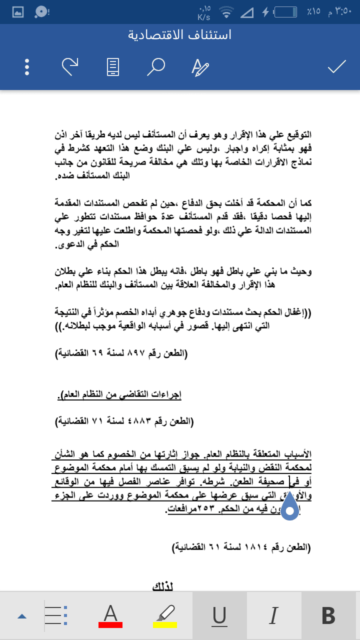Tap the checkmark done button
(337, 66)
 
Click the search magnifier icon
(155, 66)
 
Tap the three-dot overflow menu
(27, 66)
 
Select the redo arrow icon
(70, 66)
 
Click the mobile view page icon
(113, 66)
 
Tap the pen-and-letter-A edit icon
(200, 66)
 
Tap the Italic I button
(273, 616)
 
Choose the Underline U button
(219, 616)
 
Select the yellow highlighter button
(164, 616)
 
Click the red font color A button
(110, 616)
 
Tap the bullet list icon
(56, 616)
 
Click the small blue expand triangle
(21, 616)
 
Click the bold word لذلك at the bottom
(163, 586)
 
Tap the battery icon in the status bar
(289, 11)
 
